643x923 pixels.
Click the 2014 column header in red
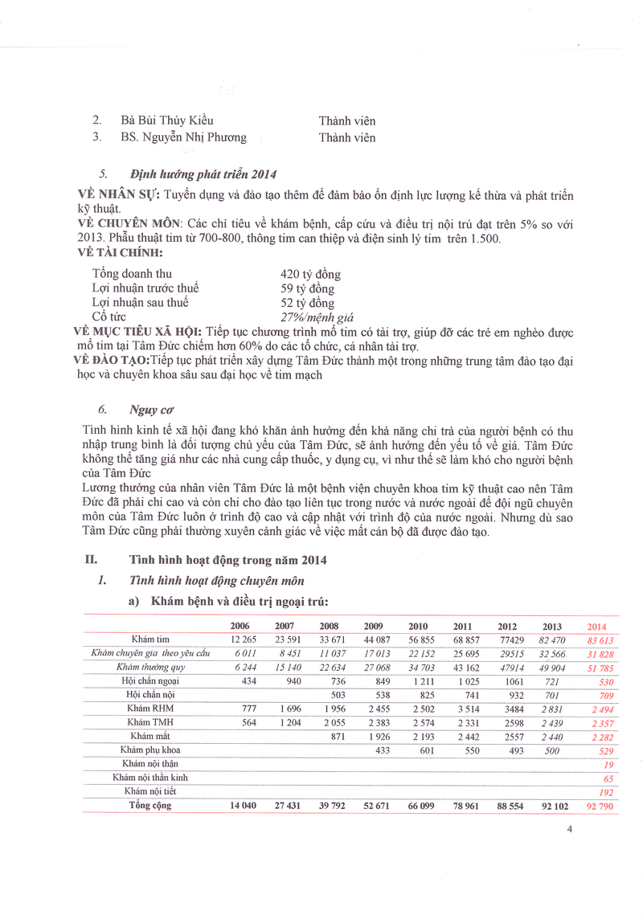596,627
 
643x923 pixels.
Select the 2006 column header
240,627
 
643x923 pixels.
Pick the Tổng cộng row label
152,805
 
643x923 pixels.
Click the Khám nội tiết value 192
607,791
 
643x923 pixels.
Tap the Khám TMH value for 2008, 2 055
329,722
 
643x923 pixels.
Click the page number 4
568,830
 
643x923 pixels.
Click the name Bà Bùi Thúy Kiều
166,120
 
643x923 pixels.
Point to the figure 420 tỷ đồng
309,274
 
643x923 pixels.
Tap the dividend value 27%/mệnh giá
316,317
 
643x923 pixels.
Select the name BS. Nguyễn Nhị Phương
183,137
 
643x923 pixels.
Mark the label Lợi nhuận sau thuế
141,303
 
